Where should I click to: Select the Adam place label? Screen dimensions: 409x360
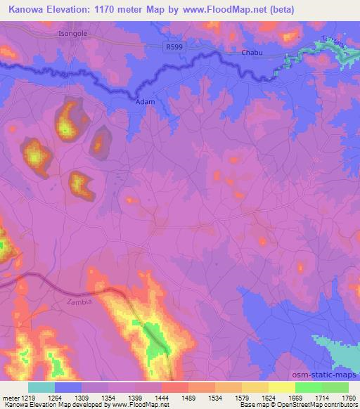pyautogui.click(x=143, y=101)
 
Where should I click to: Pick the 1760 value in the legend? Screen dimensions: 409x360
pyautogui.click(x=348, y=398)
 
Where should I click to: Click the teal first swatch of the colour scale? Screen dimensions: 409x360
pyautogui.click(x=41, y=387)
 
